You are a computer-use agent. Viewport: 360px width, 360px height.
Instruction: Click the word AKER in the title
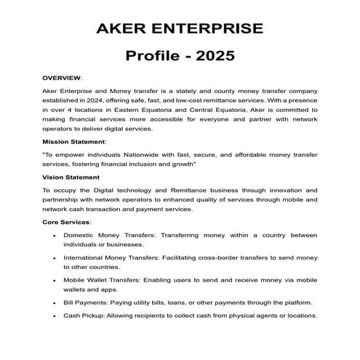pyautogui.click(x=124, y=30)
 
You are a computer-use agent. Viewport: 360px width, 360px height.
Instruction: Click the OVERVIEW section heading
pyautogui.click(x=61, y=77)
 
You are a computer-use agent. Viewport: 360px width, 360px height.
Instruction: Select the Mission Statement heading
pyautogui.click(x=73, y=141)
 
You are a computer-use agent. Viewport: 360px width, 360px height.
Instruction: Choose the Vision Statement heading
pyautogui.click(x=71, y=177)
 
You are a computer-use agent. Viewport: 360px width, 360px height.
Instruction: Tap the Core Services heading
pyautogui.click(x=65, y=221)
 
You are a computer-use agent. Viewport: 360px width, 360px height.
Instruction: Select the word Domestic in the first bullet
pyautogui.click(x=79, y=236)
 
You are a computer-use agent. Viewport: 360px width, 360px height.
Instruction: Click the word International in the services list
pyautogui.click(x=86, y=257)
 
